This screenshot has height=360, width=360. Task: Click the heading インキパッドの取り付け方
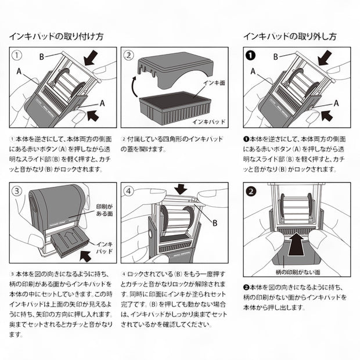(x=57, y=35)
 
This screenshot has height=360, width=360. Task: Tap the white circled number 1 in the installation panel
(x=19, y=56)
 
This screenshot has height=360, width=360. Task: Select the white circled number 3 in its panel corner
(x=19, y=190)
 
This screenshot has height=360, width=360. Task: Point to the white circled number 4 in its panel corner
(x=128, y=190)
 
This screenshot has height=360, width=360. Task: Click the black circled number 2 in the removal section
(x=250, y=190)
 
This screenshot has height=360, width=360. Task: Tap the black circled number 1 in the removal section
(x=250, y=56)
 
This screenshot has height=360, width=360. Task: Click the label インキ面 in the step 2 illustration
(x=214, y=83)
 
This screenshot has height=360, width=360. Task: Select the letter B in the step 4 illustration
(x=215, y=222)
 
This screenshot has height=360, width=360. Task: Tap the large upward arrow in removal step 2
(x=296, y=241)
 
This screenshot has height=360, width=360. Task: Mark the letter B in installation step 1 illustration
(x=42, y=56)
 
